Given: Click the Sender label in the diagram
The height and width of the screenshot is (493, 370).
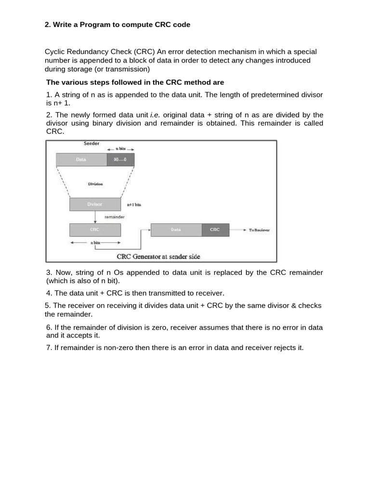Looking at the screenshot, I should (x=92, y=143).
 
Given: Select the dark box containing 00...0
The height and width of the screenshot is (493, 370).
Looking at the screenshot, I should (x=120, y=159).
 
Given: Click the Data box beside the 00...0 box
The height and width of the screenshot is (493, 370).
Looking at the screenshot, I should (x=81, y=159).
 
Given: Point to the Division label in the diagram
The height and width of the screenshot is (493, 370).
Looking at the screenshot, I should (x=95, y=184).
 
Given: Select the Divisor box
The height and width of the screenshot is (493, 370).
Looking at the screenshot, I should (x=95, y=204).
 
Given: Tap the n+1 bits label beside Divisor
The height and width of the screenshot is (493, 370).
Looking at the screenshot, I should (x=134, y=205).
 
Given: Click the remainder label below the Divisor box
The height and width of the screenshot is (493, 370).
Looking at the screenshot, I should (x=115, y=217).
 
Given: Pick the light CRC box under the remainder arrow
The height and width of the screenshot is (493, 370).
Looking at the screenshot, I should (x=95, y=230).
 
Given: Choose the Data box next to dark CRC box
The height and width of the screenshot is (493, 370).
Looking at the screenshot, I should (x=176, y=230).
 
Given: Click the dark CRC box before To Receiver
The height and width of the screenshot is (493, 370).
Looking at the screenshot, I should (x=215, y=230).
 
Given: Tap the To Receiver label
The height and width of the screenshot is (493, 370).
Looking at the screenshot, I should (x=259, y=230).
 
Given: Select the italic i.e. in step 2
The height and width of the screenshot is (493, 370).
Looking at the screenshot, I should (x=155, y=115).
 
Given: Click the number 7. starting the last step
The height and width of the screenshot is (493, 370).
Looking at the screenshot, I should (x=50, y=348).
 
